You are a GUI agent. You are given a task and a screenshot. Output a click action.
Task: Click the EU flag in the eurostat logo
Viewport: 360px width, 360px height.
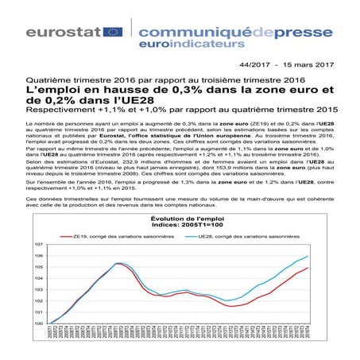coord(112,32)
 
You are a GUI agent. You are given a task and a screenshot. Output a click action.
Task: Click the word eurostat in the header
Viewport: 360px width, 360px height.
coord(62,32)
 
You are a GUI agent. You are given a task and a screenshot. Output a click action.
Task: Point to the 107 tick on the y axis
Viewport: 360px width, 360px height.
coord(37,246)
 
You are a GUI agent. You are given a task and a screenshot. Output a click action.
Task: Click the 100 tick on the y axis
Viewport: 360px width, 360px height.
coord(37,323)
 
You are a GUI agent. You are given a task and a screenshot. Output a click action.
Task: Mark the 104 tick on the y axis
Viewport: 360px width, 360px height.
coord(37,279)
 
